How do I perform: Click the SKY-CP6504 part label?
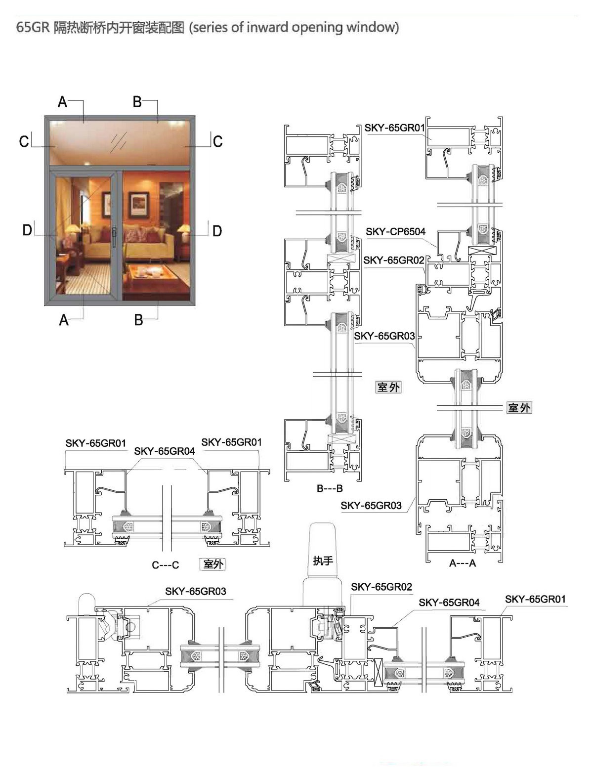coord(395,232)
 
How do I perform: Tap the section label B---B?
coord(330,488)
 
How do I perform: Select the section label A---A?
coord(463,563)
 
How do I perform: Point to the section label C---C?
coord(165,565)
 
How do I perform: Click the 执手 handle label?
coord(323,561)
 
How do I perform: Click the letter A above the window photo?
coord(63,102)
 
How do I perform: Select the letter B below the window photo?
coord(138,320)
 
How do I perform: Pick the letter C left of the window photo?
coord(24,141)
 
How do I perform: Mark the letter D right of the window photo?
coord(217,231)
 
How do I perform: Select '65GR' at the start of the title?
coord(33,27)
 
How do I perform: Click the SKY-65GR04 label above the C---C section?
coord(164,451)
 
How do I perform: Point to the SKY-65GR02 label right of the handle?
coord(381,587)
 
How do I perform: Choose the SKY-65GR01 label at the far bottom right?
coord(535,599)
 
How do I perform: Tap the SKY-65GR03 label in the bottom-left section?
coord(195,592)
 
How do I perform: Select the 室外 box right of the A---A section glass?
coord(519,407)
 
